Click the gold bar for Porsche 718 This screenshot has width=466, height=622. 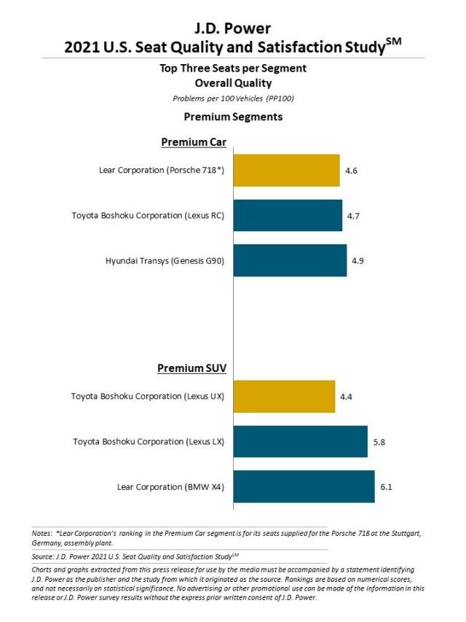286,170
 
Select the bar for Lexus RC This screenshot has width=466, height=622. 288,215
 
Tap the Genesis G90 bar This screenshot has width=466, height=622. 290,260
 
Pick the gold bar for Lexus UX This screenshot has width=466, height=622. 284,396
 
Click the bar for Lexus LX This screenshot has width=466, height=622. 301,441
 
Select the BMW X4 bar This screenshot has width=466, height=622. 304,486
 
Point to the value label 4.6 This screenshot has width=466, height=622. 351,171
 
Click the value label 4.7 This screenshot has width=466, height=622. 353,216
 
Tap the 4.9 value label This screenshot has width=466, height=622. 358,260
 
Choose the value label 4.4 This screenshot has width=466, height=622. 346,397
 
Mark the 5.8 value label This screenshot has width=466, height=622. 379,442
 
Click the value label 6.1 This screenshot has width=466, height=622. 386,486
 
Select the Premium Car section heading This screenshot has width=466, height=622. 194,142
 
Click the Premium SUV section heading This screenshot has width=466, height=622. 191,368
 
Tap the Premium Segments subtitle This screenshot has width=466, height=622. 233,117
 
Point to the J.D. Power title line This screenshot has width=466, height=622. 232,28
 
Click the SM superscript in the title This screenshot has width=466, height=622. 393,42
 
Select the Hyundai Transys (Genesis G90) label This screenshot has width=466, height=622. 165,260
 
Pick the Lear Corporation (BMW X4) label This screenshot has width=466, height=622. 171,486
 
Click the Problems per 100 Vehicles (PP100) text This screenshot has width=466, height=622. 233,98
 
